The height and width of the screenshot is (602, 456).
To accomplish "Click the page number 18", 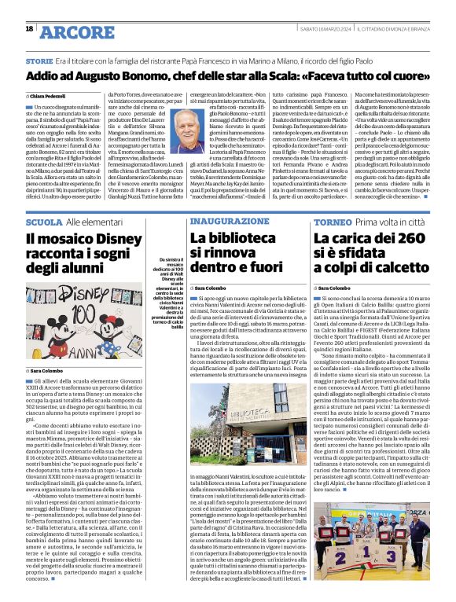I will (29, 29).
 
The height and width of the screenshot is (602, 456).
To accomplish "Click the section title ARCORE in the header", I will (75, 32).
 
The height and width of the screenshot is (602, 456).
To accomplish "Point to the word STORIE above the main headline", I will (39, 61).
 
